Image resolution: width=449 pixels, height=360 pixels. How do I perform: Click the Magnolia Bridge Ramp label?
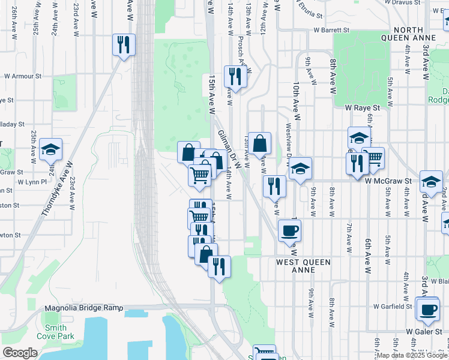(83, 308)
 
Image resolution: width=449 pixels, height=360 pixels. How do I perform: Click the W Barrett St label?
(330, 29)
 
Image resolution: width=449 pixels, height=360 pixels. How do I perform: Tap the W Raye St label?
(363, 107)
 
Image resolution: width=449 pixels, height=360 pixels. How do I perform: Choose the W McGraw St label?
(387, 179)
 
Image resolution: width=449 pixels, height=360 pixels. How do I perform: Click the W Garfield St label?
(393, 306)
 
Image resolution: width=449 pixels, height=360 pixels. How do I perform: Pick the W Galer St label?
(427, 331)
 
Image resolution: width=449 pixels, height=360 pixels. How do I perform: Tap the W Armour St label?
(22, 76)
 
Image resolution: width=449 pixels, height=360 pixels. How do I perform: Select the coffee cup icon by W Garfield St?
(428, 310)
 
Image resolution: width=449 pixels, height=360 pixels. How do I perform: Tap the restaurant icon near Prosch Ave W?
(234, 77)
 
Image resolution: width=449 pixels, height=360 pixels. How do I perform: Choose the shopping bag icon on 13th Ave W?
(260, 144)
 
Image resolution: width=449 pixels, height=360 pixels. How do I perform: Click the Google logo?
(20, 353)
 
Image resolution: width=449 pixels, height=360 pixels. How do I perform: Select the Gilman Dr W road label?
(229, 149)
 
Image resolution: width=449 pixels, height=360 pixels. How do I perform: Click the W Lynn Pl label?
(32, 181)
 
